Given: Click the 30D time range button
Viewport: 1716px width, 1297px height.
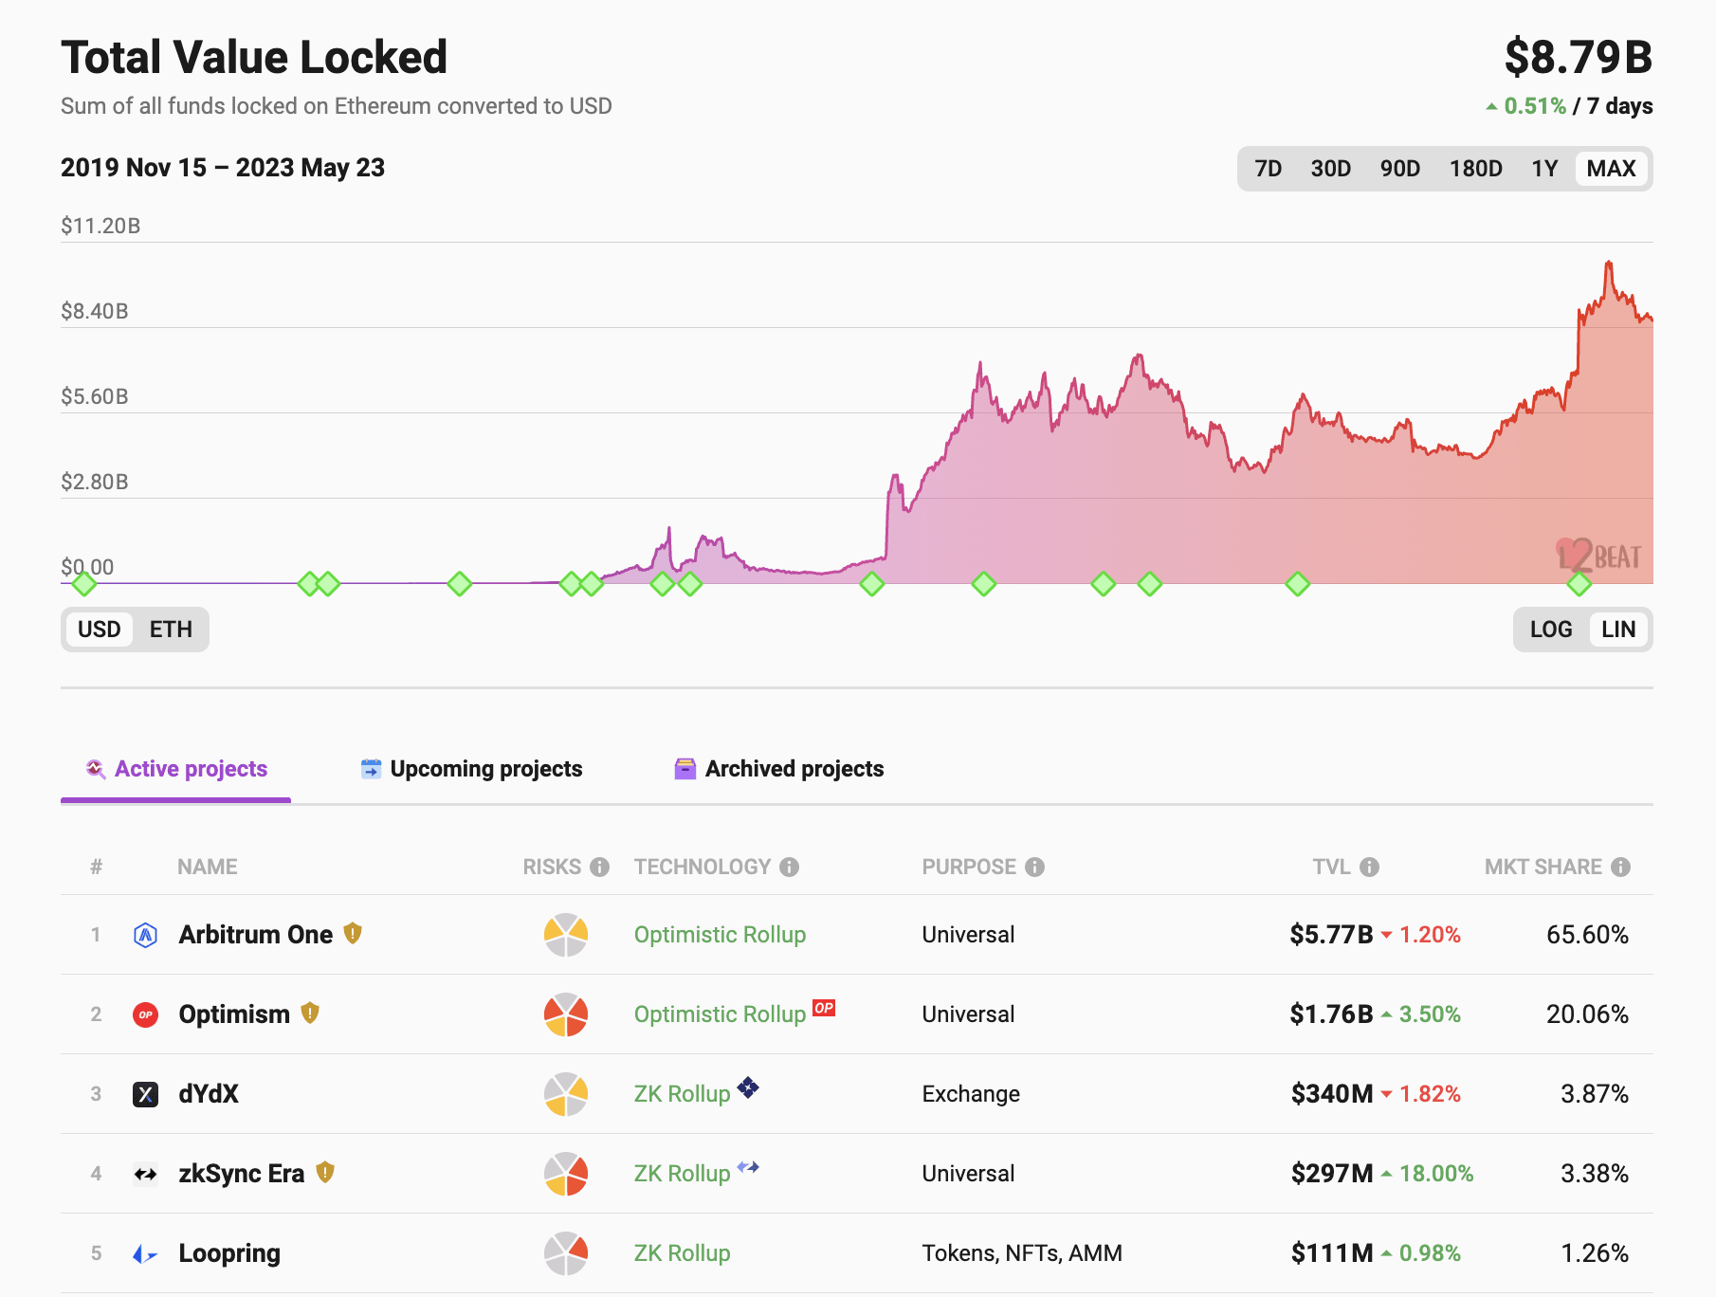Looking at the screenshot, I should (x=1330, y=169).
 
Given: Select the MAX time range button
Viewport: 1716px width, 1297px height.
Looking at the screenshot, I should (x=1611, y=169).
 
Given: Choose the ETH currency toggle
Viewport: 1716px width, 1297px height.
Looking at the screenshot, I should (x=171, y=630).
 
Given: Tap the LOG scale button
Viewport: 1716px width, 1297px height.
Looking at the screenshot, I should (x=1550, y=630).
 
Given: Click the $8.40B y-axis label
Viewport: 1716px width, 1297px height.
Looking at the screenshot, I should (x=95, y=311).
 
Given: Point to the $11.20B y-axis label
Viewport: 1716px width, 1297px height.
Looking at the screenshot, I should (x=100, y=226).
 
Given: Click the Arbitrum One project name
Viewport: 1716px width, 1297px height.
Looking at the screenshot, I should (x=255, y=935).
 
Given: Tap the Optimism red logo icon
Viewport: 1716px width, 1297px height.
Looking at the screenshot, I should (x=145, y=1014).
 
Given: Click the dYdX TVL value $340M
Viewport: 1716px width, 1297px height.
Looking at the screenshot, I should (x=1331, y=1094).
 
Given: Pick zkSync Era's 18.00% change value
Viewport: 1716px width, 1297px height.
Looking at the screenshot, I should (x=1435, y=1174).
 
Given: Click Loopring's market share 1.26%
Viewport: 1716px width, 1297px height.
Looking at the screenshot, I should (x=1594, y=1253).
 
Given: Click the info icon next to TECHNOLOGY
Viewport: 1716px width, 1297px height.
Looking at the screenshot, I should (x=789, y=867).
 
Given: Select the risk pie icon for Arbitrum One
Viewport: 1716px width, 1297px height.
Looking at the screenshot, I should (x=566, y=935).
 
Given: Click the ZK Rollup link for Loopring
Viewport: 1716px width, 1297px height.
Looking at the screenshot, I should (x=682, y=1253).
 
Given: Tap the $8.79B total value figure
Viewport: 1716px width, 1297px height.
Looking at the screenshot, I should (x=1578, y=57).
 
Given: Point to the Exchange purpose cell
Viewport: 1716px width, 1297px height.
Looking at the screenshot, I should (x=971, y=1094).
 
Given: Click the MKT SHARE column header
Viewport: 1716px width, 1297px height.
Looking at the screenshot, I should (x=1543, y=867).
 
